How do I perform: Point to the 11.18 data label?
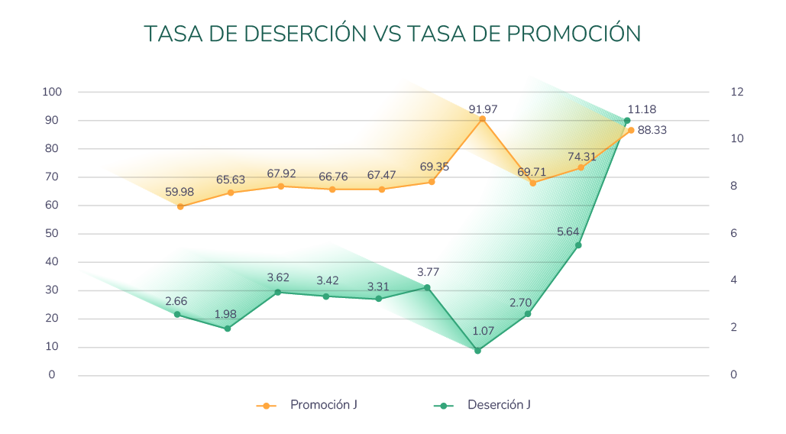[642, 109]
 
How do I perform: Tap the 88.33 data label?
[652, 131]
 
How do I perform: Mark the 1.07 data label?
[484, 331]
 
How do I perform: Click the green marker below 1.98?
[227, 329]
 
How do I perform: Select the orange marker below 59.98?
[180, 206]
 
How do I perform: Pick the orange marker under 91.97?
[482, 119]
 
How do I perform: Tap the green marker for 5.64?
[578, 245]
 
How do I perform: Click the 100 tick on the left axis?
[53, 92]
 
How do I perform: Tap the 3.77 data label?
[428, 272]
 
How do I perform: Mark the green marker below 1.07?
[477, 351]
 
